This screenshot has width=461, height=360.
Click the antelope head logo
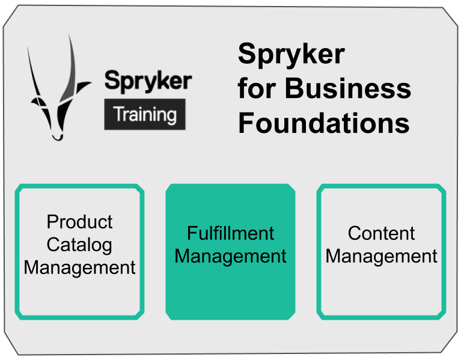[x=58, y=96]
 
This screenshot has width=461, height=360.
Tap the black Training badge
[x=145, y=114]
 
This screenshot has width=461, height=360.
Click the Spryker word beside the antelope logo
[x=148, y=81]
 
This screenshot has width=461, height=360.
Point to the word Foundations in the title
[x=324, y=123]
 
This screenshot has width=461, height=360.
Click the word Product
[x=79, y=222]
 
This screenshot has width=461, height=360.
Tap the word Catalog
[x=79, y=245]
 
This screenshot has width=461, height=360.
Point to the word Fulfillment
[x=230, y=233]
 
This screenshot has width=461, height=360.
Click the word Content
[x=381, y=233]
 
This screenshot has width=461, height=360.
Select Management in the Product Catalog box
[x=79, y=267]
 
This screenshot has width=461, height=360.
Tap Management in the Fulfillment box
[x=230, y=256]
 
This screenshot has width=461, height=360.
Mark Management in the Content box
[x=381, y=256]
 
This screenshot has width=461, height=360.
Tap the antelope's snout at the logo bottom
[x=57, y=136]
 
